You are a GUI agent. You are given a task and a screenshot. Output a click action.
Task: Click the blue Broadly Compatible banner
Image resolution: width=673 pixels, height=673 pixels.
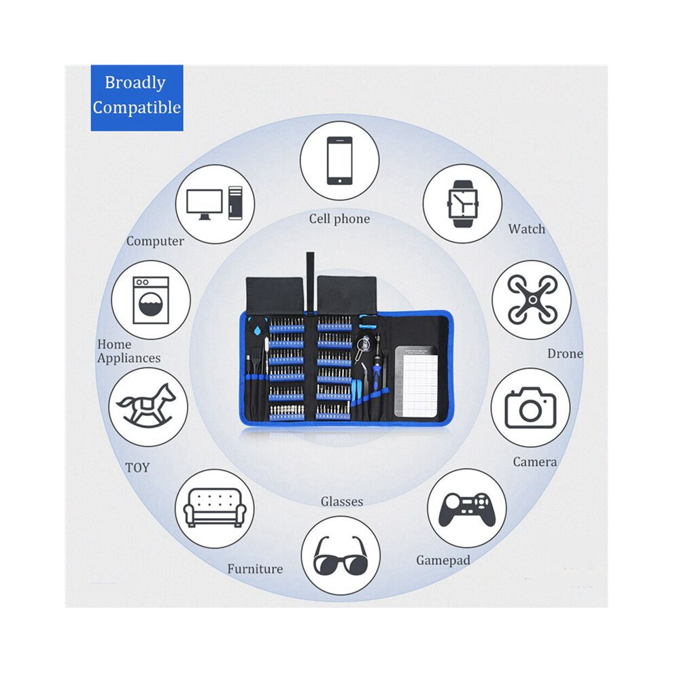137,98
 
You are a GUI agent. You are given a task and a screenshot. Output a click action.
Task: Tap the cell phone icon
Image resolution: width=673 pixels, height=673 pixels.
339,160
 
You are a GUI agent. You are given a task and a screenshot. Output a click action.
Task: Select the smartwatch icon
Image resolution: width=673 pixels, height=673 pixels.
462,203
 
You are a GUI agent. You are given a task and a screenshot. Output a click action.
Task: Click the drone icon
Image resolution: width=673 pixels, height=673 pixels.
532,300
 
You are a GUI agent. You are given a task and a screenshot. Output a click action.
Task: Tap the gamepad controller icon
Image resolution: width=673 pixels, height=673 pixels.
467,509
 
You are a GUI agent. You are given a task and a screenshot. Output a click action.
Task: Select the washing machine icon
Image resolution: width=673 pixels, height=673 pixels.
151,300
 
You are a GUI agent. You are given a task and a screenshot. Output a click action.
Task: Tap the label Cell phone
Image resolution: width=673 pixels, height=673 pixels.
339,219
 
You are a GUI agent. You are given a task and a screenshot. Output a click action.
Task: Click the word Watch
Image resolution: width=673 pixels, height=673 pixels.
527,229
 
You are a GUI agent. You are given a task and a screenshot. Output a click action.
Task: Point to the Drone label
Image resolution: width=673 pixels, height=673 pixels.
566,353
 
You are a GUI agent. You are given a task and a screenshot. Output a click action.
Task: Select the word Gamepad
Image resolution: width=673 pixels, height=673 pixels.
443,561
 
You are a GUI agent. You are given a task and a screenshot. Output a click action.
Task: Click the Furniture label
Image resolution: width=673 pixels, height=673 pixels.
255,569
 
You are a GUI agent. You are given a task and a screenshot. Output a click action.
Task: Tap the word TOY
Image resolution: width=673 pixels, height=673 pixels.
137,467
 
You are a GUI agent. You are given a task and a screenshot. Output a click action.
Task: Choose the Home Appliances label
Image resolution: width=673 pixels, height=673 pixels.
128,351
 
